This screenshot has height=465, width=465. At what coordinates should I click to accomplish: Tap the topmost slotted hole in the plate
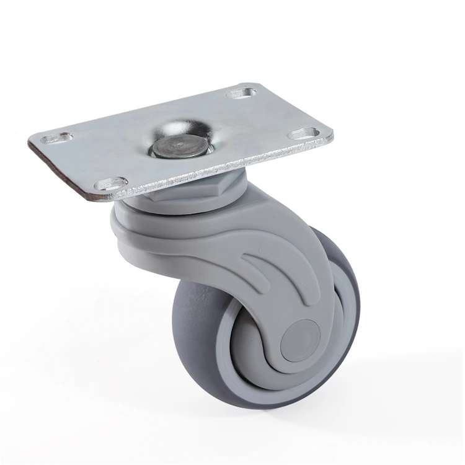(241, 94)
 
